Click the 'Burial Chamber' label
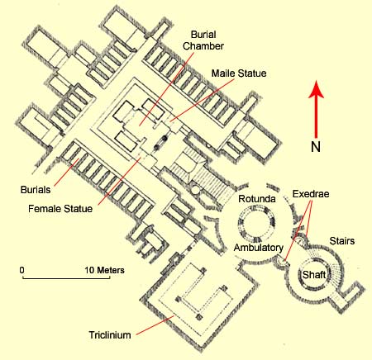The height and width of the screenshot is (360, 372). (x=203, y=40)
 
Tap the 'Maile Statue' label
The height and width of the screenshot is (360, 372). (x=239, y=73)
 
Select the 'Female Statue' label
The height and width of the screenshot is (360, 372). (x=60, y=208)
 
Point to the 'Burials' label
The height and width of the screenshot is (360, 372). (x=36, y=190)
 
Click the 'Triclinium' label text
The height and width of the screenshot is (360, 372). (x=110, y=335)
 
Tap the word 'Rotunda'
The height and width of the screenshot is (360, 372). (x=257, y=199)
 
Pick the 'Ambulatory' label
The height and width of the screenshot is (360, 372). (x=259, y=248)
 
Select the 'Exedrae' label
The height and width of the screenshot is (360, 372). (x=311, y=194)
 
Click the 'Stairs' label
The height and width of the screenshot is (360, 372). (x=342, y=241)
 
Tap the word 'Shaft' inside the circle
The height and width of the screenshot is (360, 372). (x=314, y=275)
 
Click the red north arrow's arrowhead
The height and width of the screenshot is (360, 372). (x=316, y=89)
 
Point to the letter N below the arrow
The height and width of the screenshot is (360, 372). (x=316, y=147)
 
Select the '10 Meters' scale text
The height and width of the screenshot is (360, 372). (x=104, y=270)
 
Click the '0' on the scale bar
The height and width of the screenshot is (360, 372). (x=22, y=270)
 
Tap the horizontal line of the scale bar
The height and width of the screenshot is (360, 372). (x=66, y=278)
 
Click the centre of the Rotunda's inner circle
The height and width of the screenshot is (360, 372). (x=256, y=223)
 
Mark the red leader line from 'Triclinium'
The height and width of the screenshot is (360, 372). (x=155, y=325)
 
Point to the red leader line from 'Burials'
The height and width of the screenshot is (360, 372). (x=66, y=172)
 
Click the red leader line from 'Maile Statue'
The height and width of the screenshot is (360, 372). (x=203, y=100)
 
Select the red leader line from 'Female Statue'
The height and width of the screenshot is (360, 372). (x=119, y=181)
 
